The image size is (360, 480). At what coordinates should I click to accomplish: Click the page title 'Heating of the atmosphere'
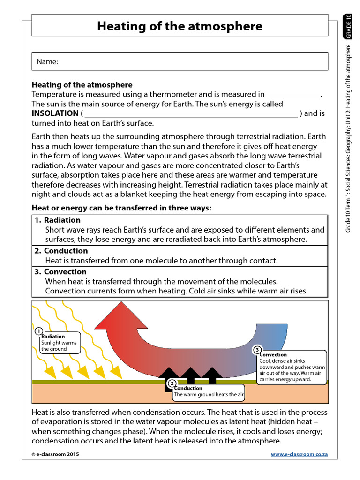pyautogui.click(x=180, y=26)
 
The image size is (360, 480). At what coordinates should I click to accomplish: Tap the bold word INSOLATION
pyautogui.click(x=55, y=113)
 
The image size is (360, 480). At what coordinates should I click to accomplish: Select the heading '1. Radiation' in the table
pyautogui.click(x=58, y=220)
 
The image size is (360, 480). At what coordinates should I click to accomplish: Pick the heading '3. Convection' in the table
pyautogui.click(x=60, y=272)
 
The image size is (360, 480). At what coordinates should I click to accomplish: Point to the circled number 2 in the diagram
pyautogui.click(x=172, y=383)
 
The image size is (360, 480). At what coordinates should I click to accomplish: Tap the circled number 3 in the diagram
pyautogui.click(x=257, y=350)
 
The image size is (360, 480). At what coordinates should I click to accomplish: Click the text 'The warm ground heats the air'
pyautogui.click(x=209, y=395)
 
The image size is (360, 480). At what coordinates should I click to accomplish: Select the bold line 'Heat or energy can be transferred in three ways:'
pyautogui.click(x=121, y=208)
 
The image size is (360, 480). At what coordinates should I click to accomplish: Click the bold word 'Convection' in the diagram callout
pyautogui.click(x=273, y=355)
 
